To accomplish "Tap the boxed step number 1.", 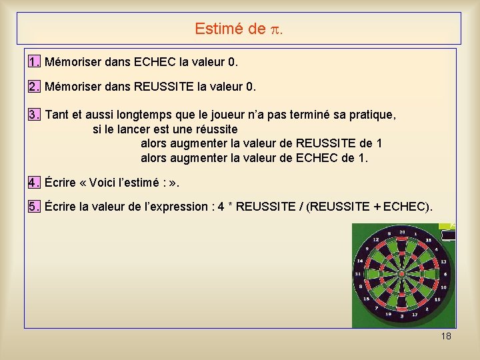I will coord(34,62).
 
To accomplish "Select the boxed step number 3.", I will coord(34,115).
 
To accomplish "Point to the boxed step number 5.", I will coord(34,206).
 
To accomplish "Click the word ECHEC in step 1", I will coord(155,62).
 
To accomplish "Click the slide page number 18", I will coord(446,336).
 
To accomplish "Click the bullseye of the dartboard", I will coord(401,274).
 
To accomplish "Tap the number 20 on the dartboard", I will coord(402,232).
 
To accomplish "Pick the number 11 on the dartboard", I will coord(358,274).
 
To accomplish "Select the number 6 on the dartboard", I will coord(445,274).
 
